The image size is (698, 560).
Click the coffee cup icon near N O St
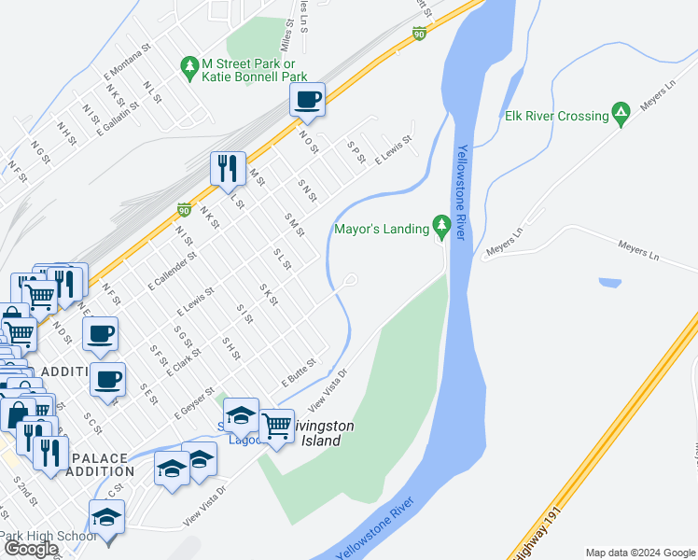[307, 99]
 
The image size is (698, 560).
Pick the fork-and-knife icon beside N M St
[228, 168]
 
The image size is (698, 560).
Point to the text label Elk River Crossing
[556, 116]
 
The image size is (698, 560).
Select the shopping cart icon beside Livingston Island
[277, 426]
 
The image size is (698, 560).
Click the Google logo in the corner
[30, 549]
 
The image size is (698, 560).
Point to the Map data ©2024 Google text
[640, 553]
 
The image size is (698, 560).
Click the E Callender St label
[172, 269]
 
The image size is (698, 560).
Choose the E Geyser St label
[194, 402]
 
